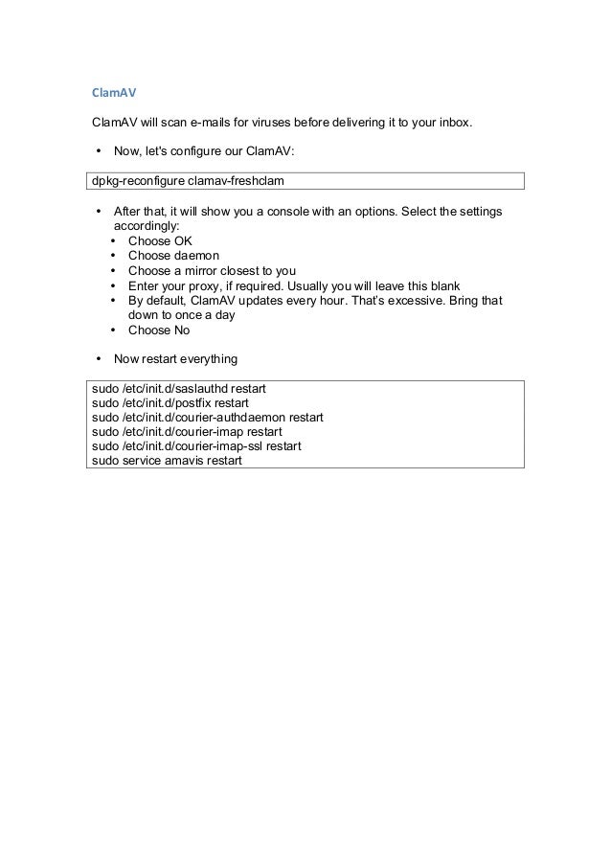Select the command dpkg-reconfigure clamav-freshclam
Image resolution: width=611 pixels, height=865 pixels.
pyautogui.click(x=189, y=181)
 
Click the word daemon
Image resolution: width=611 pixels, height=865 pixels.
pyautogui.click(x=196, y=256)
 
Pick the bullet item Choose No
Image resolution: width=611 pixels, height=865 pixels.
pyautogui.click(x=159, y=330)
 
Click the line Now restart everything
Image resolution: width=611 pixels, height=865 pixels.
pyautogui.click(x=175, y=360)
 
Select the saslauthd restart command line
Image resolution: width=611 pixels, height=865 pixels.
pyautogui.click(x=178, y=389)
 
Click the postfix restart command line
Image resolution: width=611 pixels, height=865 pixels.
pyautogui.click(x=170, y=403)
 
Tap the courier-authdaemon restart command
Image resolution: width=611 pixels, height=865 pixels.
pyautogui.click(x=207, y=418)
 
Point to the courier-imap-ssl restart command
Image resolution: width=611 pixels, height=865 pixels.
pyautogui.click(x=195, y=446)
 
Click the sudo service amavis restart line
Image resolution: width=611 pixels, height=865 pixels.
pyautogui.click(x=167, y=461)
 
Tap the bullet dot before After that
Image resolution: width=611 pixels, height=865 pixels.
pyautogui.click(x=99, y=211)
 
